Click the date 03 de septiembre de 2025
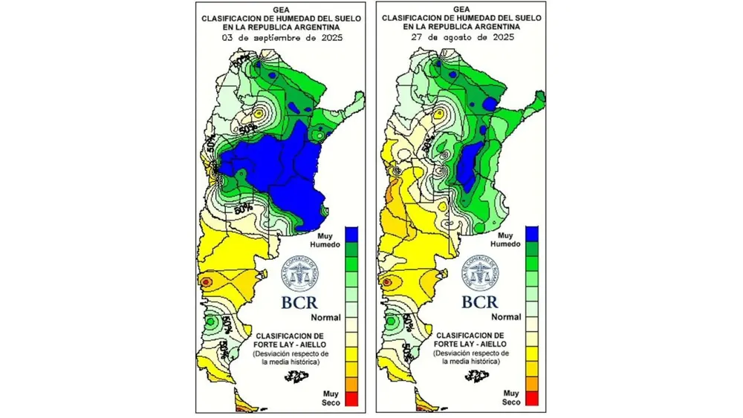tap(281, 36)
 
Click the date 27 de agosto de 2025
tap(461, 36)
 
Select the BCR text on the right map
tap(480, 302)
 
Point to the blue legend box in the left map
tap(351, 235)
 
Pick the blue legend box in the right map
tap(531, 235)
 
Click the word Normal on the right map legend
tap(507, 317)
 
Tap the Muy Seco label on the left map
tap(331, 397)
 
